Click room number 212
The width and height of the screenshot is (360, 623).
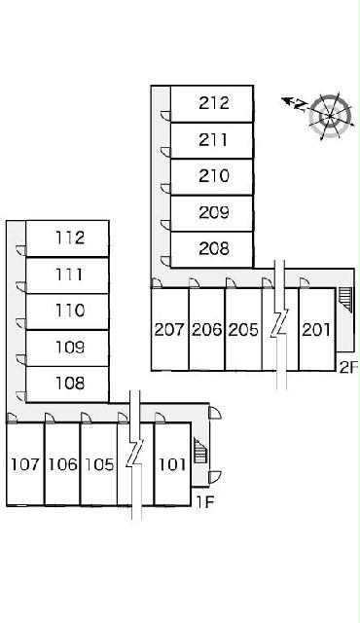[x=214, y=103]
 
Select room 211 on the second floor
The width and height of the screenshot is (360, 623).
[x=213, y=140]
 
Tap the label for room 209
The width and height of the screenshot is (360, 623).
[x=214, y=212]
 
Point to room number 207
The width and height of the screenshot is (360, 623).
[x=169, y=329]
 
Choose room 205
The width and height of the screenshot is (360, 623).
[x=243, y=329]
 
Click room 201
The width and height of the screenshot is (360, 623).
[x=316, y=329]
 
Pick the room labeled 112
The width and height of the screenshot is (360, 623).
[x=70, y=238]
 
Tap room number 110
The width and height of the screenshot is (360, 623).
[x=70, y=311]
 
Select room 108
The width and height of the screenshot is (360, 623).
[x=70, y=384]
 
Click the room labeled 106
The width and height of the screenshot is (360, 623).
[x=62, y=464]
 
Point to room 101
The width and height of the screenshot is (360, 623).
[x=172, y=464]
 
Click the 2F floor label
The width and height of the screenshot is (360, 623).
[x=348, y=367]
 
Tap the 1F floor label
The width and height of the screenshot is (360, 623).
[x=205, y=502]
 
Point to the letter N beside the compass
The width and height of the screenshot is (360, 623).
[x=302, y=104]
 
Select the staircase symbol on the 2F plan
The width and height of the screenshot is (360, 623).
[x=344, y=300]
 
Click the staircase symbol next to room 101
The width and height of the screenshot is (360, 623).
[x=200, y=450]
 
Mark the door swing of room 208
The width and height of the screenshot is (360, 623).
[x=165, y=261]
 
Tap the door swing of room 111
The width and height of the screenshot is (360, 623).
[x=20, y=286]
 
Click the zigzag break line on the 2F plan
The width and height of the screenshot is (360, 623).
[x=280, y=324]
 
